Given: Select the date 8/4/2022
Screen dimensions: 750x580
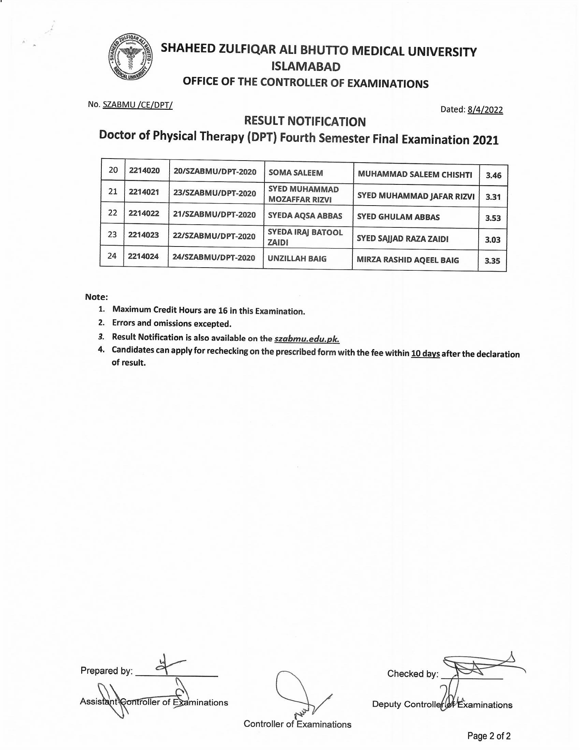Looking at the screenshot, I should tap(485, 110).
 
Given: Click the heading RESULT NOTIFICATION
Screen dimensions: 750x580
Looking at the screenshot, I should tap(305, 121).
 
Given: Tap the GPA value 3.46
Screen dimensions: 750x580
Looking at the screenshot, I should tap(493, 176).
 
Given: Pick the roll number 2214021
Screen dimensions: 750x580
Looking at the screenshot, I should tap(144, 192).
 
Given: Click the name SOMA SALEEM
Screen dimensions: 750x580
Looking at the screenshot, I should tap(295, 173).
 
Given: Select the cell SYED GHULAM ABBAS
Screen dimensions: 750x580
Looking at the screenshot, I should tap(398, 217).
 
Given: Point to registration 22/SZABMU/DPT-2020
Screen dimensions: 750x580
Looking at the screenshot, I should tap(214, 236).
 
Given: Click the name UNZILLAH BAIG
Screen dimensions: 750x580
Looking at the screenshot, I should tap(297, 259).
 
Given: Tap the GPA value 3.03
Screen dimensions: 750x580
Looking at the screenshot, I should tap(492, 240).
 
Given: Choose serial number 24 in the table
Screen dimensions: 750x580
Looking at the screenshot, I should tap(112, 256).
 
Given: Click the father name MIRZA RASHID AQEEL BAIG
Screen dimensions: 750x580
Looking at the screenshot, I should tap(407, 260).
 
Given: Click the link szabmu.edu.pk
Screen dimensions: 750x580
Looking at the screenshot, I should tap(307, 339).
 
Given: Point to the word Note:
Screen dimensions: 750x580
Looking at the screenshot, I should tap(97, 297).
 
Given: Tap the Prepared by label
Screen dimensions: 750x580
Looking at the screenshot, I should tap(106, 671).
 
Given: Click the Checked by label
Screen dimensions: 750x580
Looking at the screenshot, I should tap(413, 674).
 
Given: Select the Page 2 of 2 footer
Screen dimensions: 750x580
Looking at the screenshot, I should tap(489, 736).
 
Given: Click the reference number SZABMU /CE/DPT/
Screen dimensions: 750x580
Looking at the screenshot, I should tap(137, 105).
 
